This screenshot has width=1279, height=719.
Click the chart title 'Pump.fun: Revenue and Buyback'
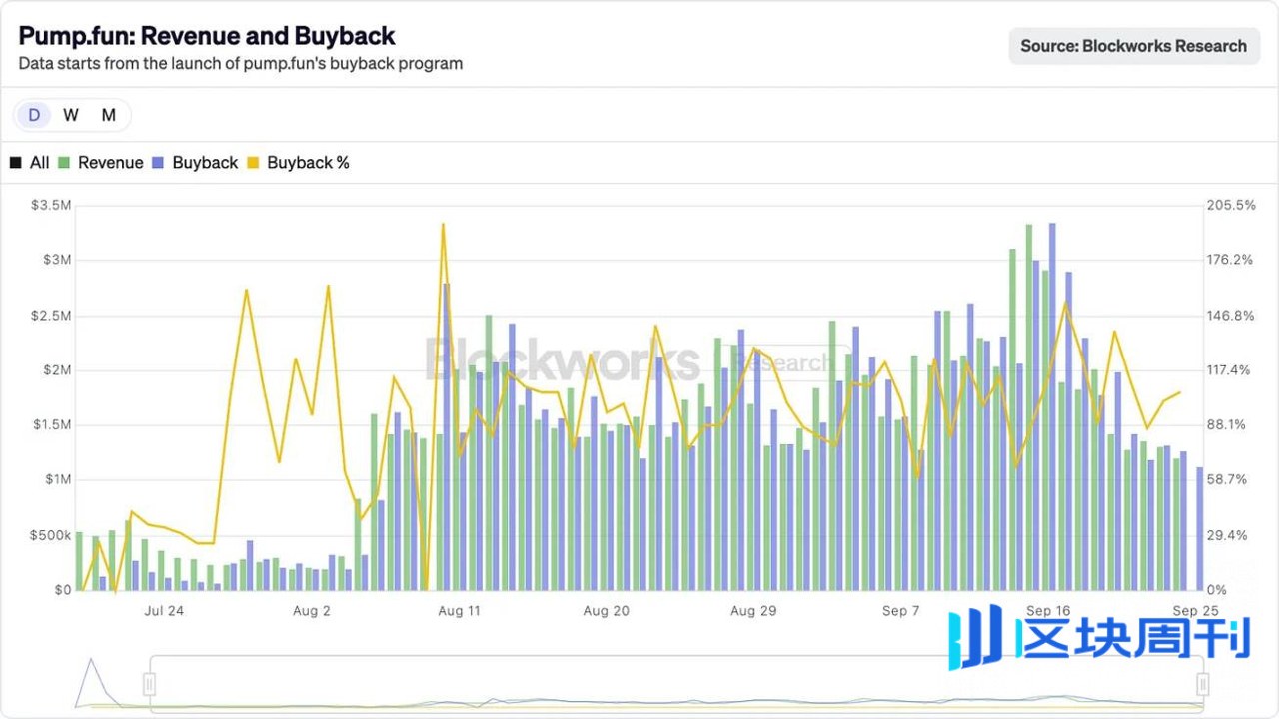point(207,36)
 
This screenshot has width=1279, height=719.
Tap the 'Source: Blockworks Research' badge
point(1134,46)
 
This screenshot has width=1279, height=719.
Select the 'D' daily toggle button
point(34,115)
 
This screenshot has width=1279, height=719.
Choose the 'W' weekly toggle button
point(71,115)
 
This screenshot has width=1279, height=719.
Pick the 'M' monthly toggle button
point(109,115)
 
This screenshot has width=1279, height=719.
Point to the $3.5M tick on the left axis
point(51,205)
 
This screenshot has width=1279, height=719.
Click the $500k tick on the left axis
point(50,535)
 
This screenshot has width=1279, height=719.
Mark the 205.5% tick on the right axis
point(1231,205)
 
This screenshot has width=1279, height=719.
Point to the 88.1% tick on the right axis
point(1225,425)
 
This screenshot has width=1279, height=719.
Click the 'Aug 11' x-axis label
point(459,611)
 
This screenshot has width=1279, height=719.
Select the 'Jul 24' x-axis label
point(164,611)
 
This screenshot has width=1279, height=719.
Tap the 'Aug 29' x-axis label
point(753,611)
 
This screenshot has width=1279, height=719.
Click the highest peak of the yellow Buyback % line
point(443,225)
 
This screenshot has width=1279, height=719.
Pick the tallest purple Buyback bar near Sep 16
point(1052,406)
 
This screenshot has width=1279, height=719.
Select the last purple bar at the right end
point(1200,529)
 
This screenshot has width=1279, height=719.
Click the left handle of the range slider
point(150,684)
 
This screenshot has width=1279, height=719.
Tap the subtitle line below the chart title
point(241,63)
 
